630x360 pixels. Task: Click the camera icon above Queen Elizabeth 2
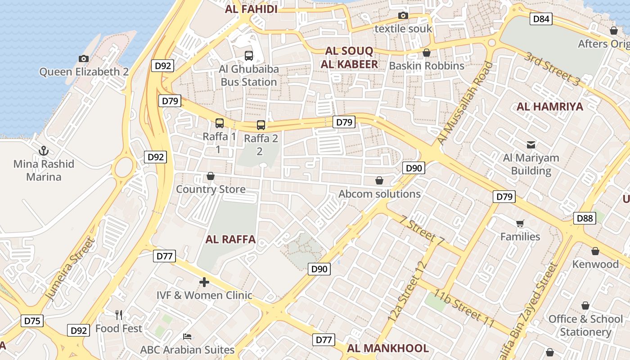click(x=83, y=58)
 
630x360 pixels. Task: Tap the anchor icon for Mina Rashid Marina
click(x=44, y=151)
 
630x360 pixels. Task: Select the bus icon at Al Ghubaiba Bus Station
click(x=248, y=56)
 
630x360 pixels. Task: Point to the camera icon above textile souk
click(x=403, y=16)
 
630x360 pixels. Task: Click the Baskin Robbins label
click(x=426, y=66)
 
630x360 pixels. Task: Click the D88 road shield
click(x=585, y=218)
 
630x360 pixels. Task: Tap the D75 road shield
click(x=32, y=321)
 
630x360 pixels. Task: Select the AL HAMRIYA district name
click(x=549, y=107)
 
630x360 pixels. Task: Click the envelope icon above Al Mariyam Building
click(x=531, y=144)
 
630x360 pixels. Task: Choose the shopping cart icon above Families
click(x=520, y=224)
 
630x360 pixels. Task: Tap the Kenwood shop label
click(x=595, y=264)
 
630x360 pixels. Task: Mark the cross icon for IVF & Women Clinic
click(x=204, y=282)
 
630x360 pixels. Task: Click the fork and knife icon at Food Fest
click(x=119, y=315)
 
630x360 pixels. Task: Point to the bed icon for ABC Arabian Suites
click(x=187, y=337)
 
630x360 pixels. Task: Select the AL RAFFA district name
click(x=230, y=239)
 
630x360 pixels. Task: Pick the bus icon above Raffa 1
click(x=219, y=123)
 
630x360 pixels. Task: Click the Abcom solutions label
click(x=379, y=194)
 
